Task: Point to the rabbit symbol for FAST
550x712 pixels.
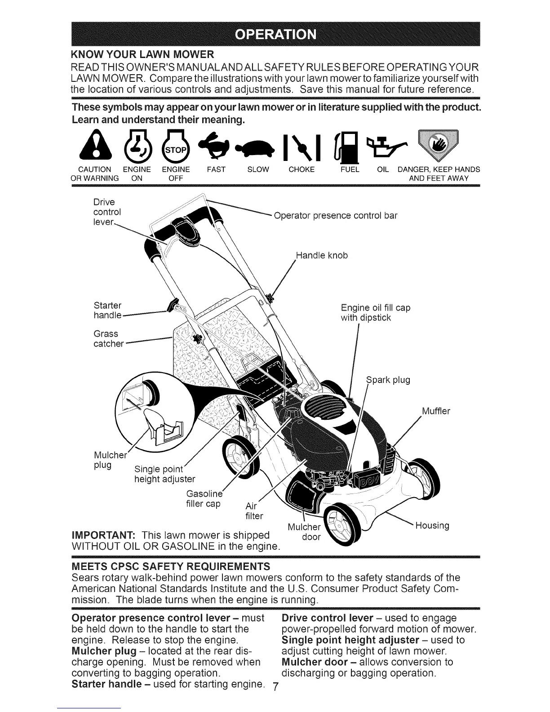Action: (x=217, y=146)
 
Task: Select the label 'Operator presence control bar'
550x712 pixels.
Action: (x=335, y=215)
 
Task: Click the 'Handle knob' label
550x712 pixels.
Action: (x=322, y=256)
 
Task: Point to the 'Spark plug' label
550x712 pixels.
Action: (x=389, y=380)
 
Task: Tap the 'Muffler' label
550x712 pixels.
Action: (x=436, y=411)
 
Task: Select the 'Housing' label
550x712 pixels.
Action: (x=432, y=525)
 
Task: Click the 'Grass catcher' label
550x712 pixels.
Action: (x=108, y=339)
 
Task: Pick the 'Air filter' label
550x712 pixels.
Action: (x=254, y=510)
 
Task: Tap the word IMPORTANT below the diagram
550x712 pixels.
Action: (x=104, y=535)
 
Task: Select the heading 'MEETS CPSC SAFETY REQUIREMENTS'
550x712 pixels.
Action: (x=171, y=565)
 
